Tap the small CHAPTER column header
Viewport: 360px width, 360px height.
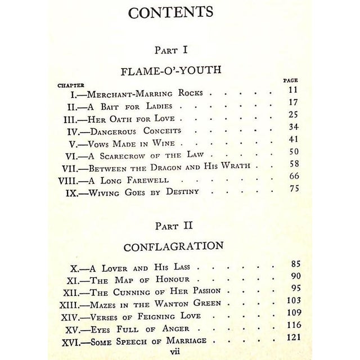coord(71,85)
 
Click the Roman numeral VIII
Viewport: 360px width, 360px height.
coord(73,180)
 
